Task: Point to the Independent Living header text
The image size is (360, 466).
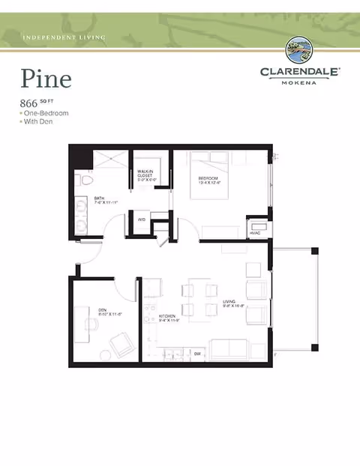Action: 64,37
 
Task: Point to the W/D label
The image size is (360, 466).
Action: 141,220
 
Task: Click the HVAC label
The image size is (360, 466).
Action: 255,234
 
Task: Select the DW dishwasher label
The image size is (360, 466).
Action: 197,353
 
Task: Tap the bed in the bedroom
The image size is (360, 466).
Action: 208,177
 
